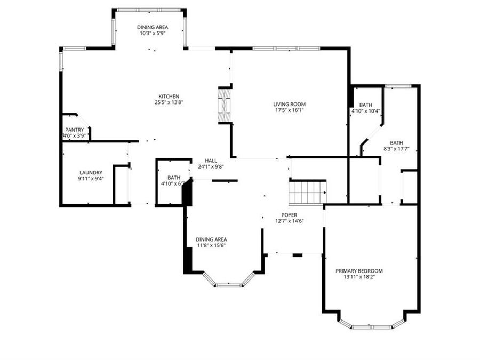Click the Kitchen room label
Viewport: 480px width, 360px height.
click(164, 97)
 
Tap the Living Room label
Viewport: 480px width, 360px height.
click(290, 105)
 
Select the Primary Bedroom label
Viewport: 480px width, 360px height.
click(359, 271)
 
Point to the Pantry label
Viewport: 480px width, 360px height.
click(74, 130)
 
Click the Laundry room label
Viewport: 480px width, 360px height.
click(90, 172)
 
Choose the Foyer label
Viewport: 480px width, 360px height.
click(290, 215)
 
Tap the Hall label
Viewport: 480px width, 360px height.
click(211, 160)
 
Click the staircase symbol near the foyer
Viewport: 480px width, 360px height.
click(307, 193)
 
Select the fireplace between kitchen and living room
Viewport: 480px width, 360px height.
click(225, 105)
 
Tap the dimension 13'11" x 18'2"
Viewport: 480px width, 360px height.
click(359, 277)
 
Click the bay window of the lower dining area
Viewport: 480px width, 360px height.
click(229, 284)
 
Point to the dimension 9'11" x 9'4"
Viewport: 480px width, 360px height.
click(90, 179)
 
